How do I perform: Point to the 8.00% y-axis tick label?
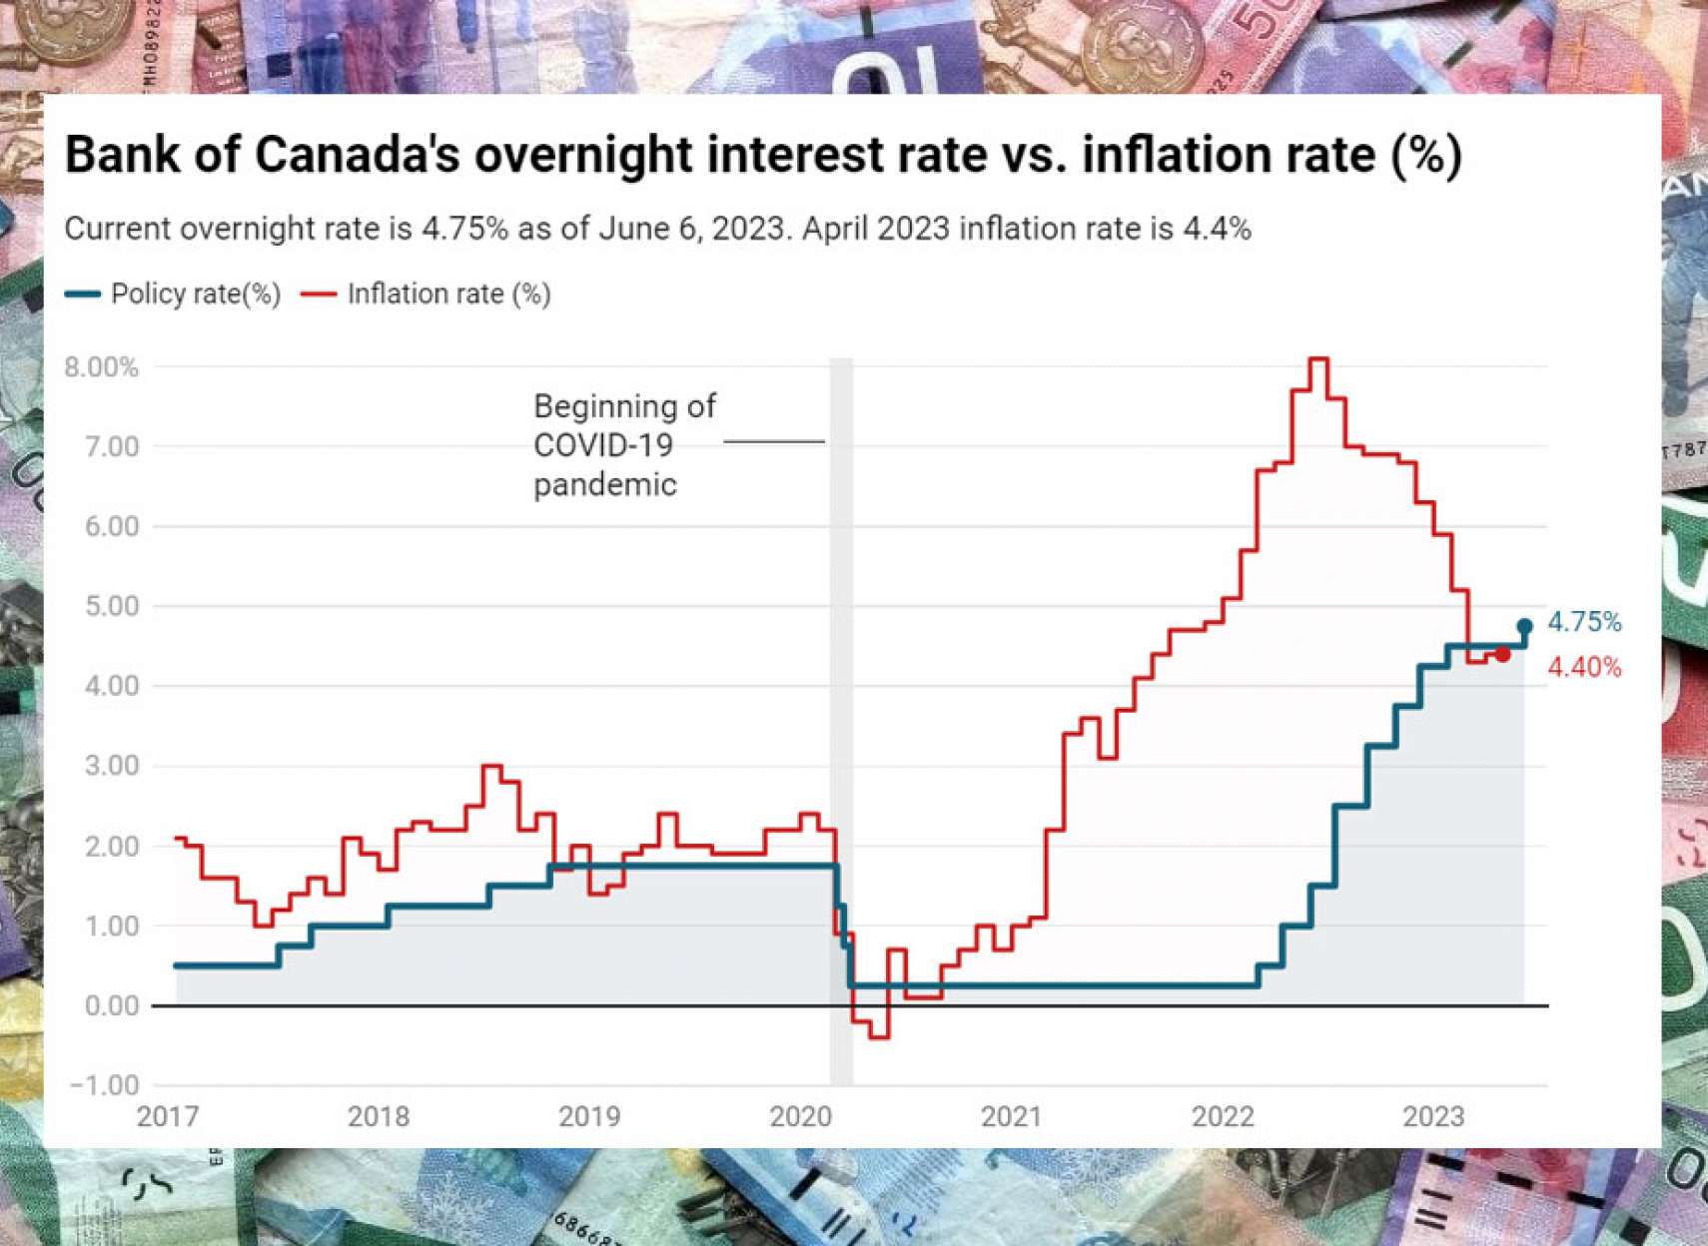[101, 367]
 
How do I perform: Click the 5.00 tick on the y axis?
[112, 606]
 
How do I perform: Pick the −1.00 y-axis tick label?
[104, 1085]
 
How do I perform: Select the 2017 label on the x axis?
[168, 1116]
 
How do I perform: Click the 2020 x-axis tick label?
[800, 1116]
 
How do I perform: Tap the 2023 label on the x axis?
[1433, 1116]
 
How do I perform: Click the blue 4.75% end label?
[1584, 622]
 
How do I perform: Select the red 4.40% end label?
[1584, 667]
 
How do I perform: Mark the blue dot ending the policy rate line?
[1524, 627]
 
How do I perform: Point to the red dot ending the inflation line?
[1503, 655]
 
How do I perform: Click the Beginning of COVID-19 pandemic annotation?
[624, 445]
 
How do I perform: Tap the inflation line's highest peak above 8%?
[1318, 358]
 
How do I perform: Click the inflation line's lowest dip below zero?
[879, 1037]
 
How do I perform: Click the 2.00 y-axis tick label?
[112, 846]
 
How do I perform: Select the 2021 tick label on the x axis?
[1011, 1116]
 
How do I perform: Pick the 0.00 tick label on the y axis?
[112, 1005]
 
